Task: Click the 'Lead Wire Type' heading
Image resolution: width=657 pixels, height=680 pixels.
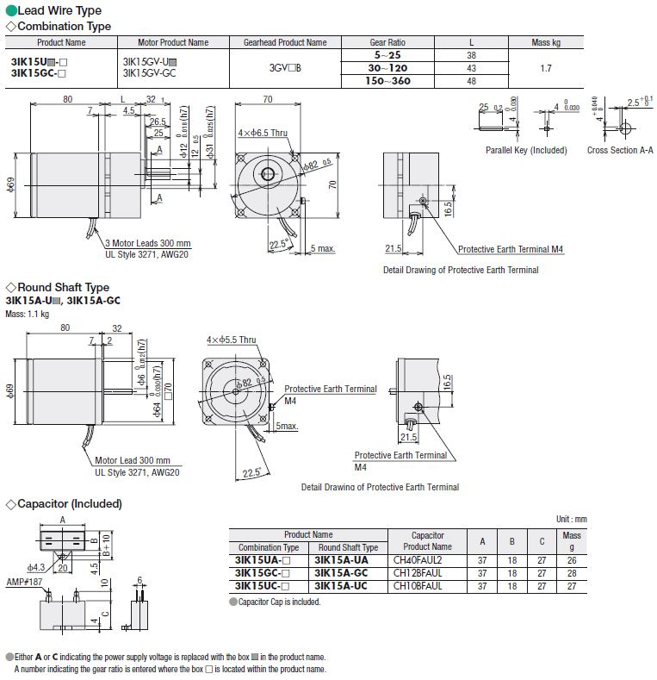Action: point(59,10)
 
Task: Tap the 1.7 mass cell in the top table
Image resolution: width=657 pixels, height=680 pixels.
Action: point(546,67)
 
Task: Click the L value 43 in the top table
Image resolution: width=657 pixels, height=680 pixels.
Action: point(471,67)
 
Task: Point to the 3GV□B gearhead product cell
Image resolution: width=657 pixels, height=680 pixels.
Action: point(285,67)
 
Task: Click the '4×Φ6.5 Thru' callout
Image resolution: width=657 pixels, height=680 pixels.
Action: point(263,133)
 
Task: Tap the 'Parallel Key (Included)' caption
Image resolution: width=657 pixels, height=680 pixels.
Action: point(526,150)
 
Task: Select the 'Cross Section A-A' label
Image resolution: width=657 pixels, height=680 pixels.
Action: point(620,150)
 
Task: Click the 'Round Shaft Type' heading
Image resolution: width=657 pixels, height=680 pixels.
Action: point(63,287)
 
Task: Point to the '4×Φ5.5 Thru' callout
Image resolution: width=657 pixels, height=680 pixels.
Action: point(232,340)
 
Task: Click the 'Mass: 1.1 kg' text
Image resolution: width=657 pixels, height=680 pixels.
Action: point(28,314)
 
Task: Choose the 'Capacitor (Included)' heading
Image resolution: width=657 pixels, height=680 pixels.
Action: point(69,503)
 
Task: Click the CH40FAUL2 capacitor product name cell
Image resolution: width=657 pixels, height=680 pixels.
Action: point(417,559)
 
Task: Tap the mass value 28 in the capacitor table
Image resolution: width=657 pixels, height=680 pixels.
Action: point(572,572)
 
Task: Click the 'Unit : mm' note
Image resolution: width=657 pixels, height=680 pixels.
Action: point(572,519)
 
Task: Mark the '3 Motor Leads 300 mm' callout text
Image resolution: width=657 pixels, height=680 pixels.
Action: point(148,243)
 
